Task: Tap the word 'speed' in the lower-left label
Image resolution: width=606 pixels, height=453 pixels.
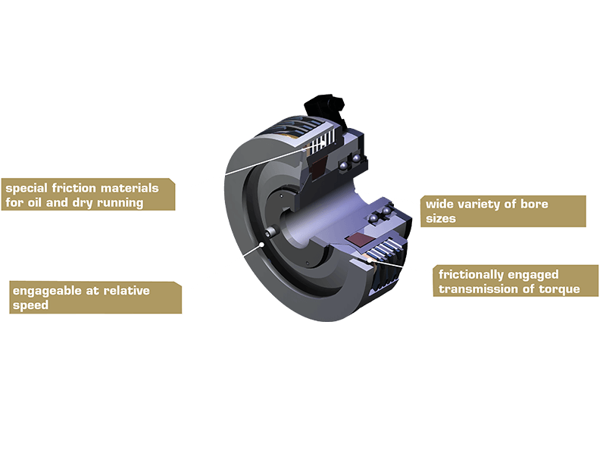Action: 29,305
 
